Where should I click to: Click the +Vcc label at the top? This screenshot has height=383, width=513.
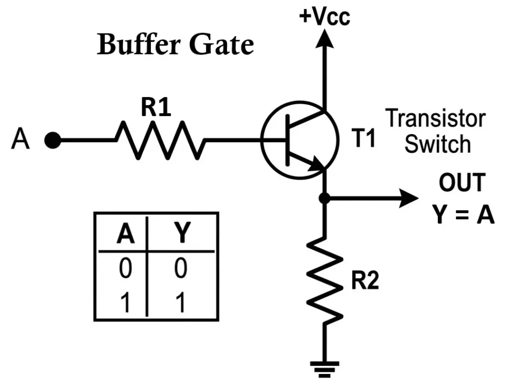pyautogui.click(x=324, y=16)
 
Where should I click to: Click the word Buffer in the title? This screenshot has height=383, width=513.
pyautogui.click(x=137, y=45)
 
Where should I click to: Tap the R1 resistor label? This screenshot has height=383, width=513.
pyautogui.click(x=156, y=108)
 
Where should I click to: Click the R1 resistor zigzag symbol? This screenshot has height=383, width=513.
pyautogui.click(x=160, y=140)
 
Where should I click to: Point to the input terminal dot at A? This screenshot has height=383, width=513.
pyautogui.click(x=52, y=141)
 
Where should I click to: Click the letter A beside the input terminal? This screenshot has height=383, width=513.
pyautogui.click(x=20, y=141)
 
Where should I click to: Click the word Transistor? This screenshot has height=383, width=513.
pyautogui.click(x=435, y=119)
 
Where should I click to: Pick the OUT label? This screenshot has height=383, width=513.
pyautogui.click(x=462, y=183)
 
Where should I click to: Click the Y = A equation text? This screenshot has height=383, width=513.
pyautogui.click(x=463, y=215)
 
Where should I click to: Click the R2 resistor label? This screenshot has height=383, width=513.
pyautogui.click(x=364, y=282)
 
